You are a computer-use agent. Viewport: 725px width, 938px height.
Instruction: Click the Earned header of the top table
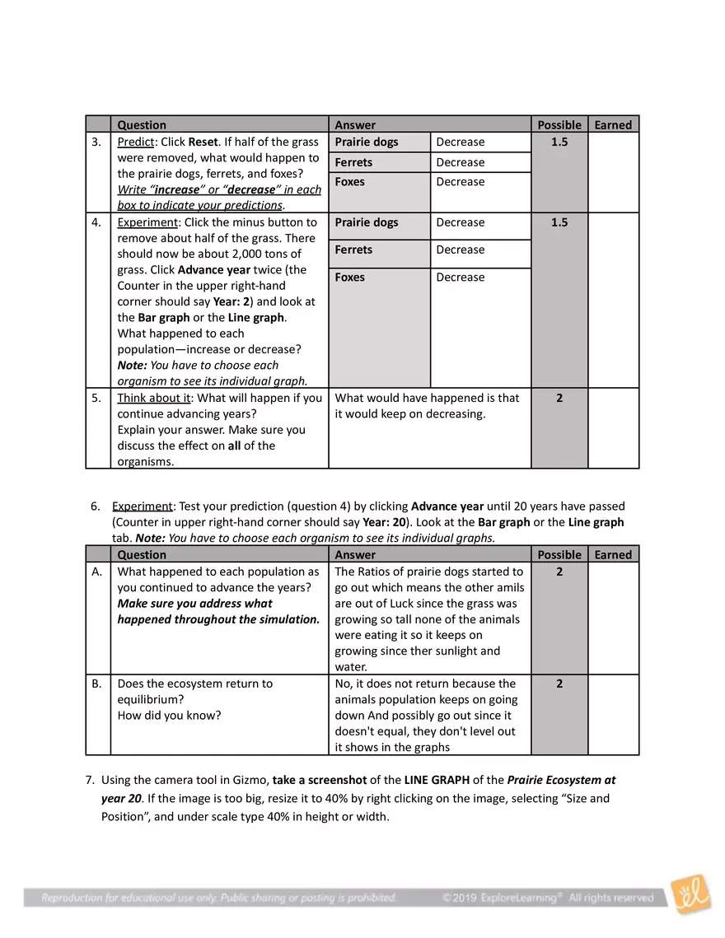(613, 125)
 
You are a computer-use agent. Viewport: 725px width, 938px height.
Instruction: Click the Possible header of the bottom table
(559, 555)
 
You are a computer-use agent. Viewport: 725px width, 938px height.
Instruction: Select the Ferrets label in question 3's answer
(353, 162)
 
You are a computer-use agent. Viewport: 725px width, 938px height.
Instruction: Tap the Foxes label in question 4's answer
(350, 278)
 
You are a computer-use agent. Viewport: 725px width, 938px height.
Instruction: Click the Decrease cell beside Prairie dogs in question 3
(460, 142)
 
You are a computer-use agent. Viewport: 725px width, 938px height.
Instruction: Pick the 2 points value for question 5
(559, 398)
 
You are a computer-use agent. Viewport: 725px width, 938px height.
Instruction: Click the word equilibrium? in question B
(149, 699)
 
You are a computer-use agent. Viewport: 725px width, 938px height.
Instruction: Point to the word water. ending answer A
(351, 667)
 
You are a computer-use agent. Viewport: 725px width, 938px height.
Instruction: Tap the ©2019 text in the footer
(457, 897)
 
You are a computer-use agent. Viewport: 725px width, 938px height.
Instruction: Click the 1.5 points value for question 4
(559, 222)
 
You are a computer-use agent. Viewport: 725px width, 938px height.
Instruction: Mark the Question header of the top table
(142, 125)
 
